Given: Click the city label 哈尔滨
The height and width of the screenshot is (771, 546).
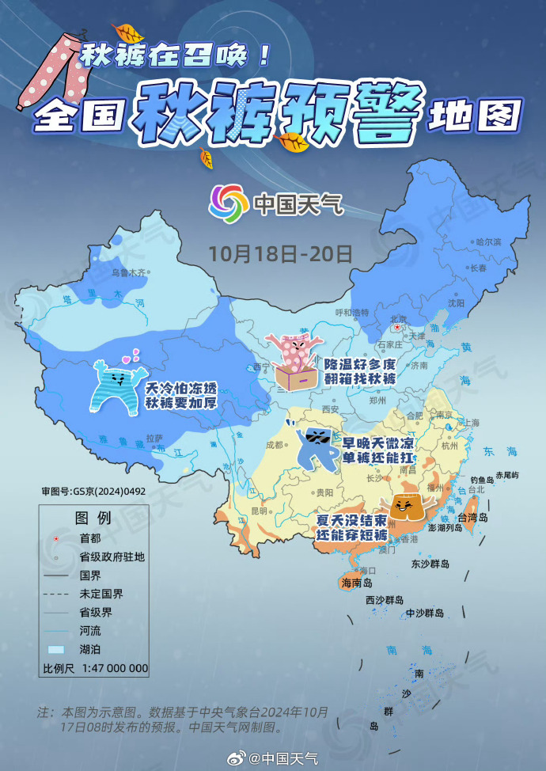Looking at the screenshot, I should click(487, 241).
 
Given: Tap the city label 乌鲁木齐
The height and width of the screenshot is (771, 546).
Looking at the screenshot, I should click(130, 272).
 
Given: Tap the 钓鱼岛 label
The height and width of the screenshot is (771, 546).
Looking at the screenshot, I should click(482, 480).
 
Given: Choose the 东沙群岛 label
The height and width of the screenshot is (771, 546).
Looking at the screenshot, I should click(430, 564).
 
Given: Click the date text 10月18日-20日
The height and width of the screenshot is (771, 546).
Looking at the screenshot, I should click(280, 253).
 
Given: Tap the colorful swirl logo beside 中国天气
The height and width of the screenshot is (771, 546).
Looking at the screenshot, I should click(228, 204).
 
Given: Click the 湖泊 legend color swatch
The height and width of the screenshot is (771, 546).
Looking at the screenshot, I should click(57, 649).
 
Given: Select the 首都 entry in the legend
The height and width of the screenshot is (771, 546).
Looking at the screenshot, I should click(89, 538).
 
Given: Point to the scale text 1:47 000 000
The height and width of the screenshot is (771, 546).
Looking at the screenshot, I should click(115, 668).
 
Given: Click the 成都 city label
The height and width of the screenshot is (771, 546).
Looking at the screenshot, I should click(275, 444).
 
